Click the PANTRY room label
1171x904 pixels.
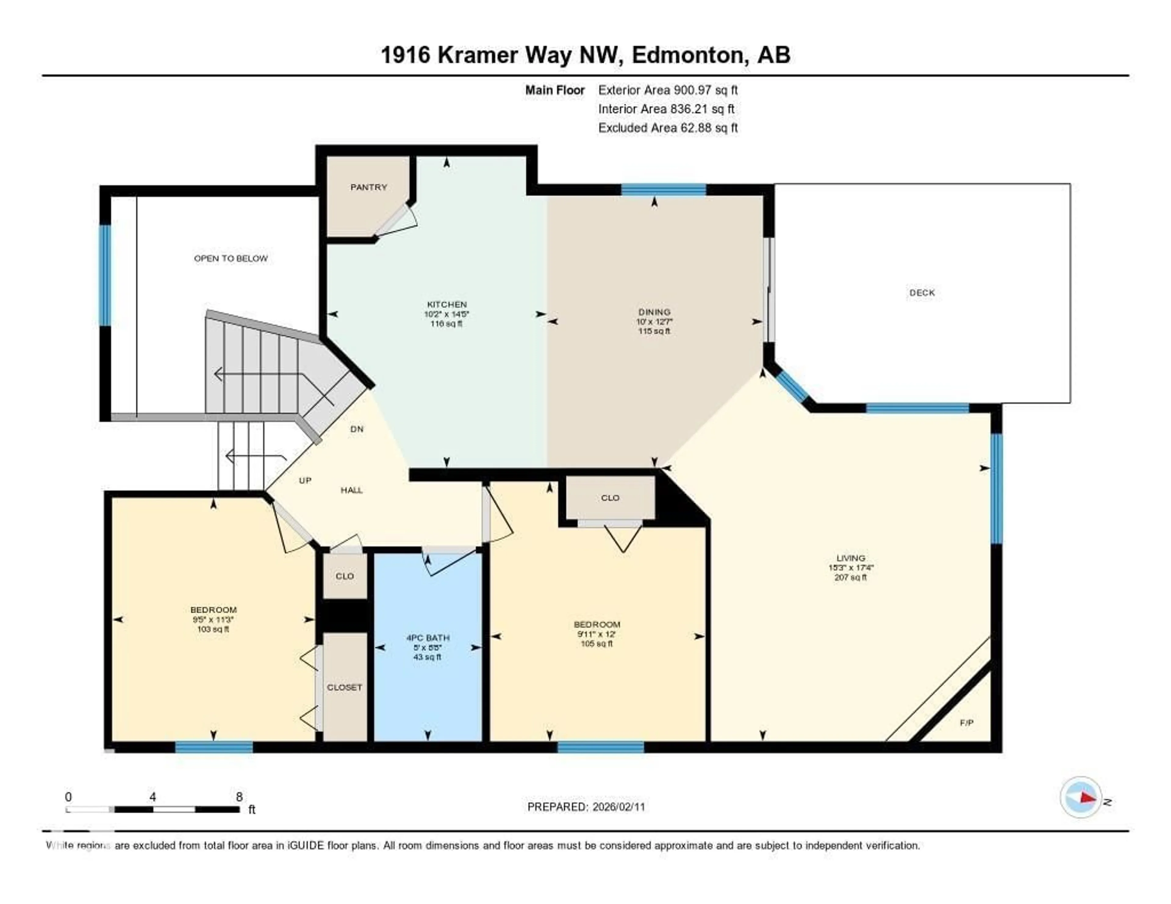(368, 187)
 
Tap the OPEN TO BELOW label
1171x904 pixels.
(231, 258)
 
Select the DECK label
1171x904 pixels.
(922, 293)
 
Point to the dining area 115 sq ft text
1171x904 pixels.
(654, 331)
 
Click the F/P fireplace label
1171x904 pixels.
(966, 723)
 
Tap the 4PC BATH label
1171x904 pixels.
(427, 638)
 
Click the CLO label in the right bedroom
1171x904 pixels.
(610, 498)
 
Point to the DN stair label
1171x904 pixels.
(356, 429)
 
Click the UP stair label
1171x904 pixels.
(305, 480)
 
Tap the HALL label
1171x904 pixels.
(352, 490)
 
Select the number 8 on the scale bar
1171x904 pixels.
(239, 797)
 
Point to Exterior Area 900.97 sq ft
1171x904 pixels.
(668, 90)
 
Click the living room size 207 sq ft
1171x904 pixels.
(850, 577)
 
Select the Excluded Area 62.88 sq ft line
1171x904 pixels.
(668, 127)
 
